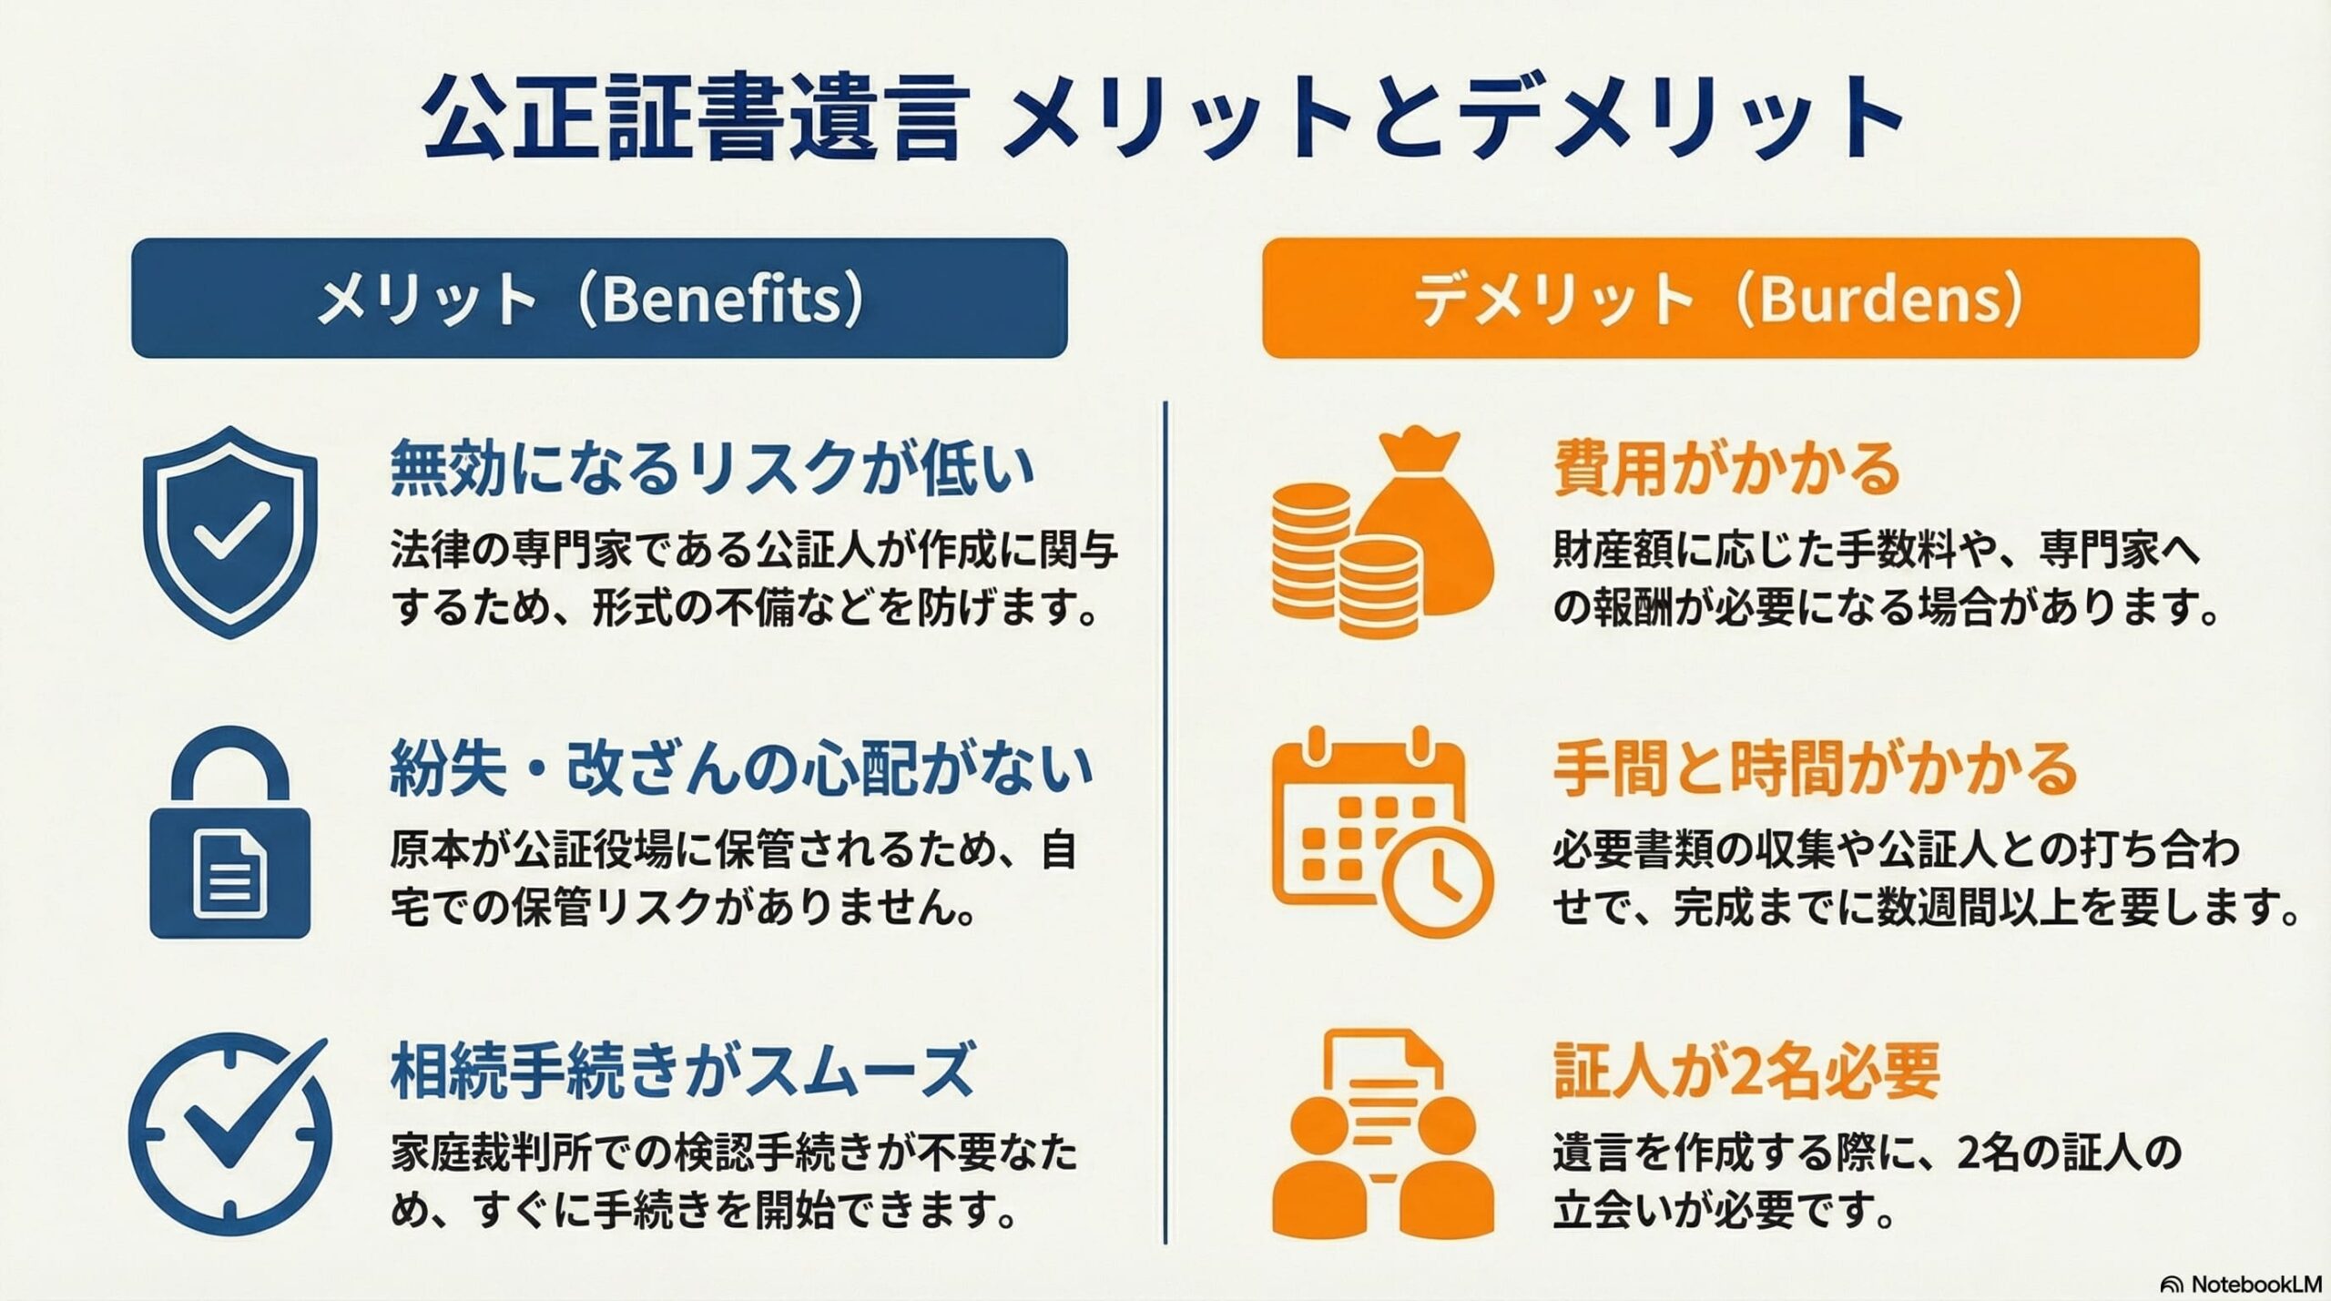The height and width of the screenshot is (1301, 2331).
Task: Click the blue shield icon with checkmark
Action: (x=229, y=533)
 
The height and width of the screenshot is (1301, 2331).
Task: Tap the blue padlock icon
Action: (x=229, y=832)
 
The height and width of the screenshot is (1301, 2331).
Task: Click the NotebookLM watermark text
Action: (x=2253, y=1284)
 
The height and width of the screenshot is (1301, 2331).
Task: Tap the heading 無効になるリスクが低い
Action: (x=713, y=469)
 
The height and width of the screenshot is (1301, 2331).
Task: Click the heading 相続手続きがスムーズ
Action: (x=683, y=1072)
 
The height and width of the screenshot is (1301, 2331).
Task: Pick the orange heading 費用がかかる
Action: (x=1726, y=469)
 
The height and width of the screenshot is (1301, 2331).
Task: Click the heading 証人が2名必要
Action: (x=1746, y=1072)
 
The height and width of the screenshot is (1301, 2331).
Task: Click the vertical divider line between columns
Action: (x=1165, y=822)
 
